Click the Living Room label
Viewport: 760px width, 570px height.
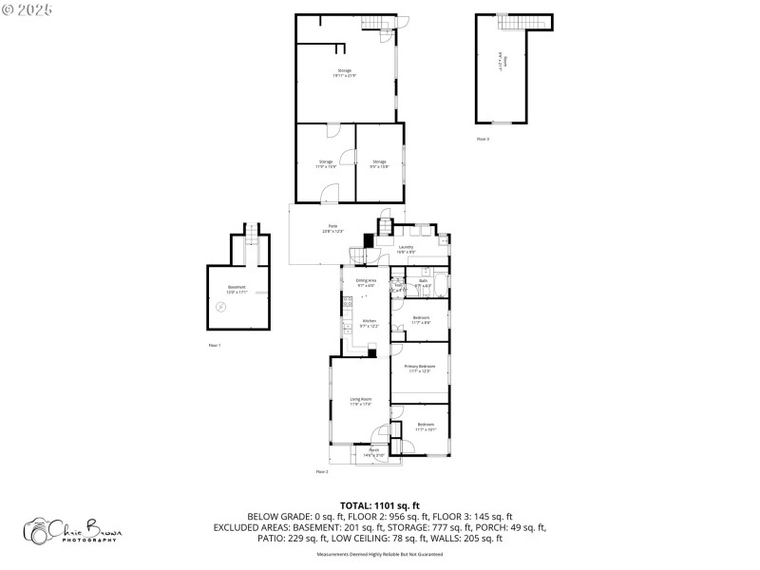coord(360,401)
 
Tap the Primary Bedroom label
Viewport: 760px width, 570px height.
coord(419,369)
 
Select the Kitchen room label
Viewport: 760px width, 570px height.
coord(369,323)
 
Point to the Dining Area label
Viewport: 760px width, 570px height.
coord(366,282)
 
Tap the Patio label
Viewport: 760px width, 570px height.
coord(332,229)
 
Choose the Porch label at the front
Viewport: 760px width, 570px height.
coord(373,452)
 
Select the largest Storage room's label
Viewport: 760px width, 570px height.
coord(344,73)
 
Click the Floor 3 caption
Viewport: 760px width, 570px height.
coord(483,139)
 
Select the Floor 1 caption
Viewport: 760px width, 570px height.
coord(214,345)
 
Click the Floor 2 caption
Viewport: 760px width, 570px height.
coord(321,471)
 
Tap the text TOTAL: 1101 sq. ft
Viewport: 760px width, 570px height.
coord(380,505)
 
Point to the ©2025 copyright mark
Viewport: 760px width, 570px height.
coord(28,9)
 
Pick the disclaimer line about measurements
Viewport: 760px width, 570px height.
coord(380,554)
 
